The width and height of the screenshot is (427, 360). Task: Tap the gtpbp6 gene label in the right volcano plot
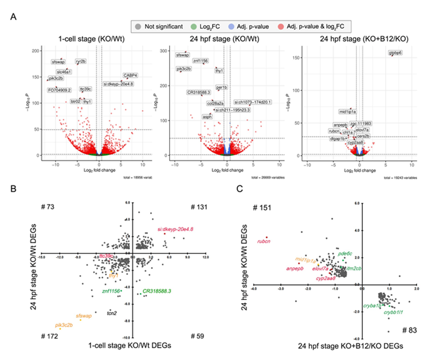point(396,53)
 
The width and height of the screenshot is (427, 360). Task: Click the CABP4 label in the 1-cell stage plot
point(130,75)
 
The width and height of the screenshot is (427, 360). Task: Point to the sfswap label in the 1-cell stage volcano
point(58,61)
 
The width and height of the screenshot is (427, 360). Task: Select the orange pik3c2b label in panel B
point(64,325)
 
